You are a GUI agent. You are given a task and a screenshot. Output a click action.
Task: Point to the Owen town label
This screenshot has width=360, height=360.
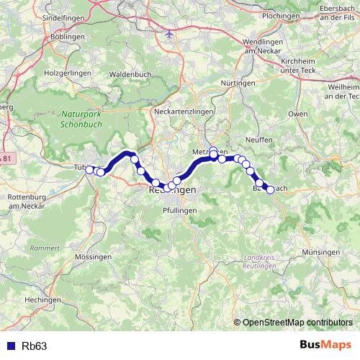297,114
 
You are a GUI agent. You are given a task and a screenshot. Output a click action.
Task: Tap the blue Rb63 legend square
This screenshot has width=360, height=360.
9,346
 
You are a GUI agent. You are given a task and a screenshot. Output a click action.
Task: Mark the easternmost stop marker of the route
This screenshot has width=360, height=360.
270,189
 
